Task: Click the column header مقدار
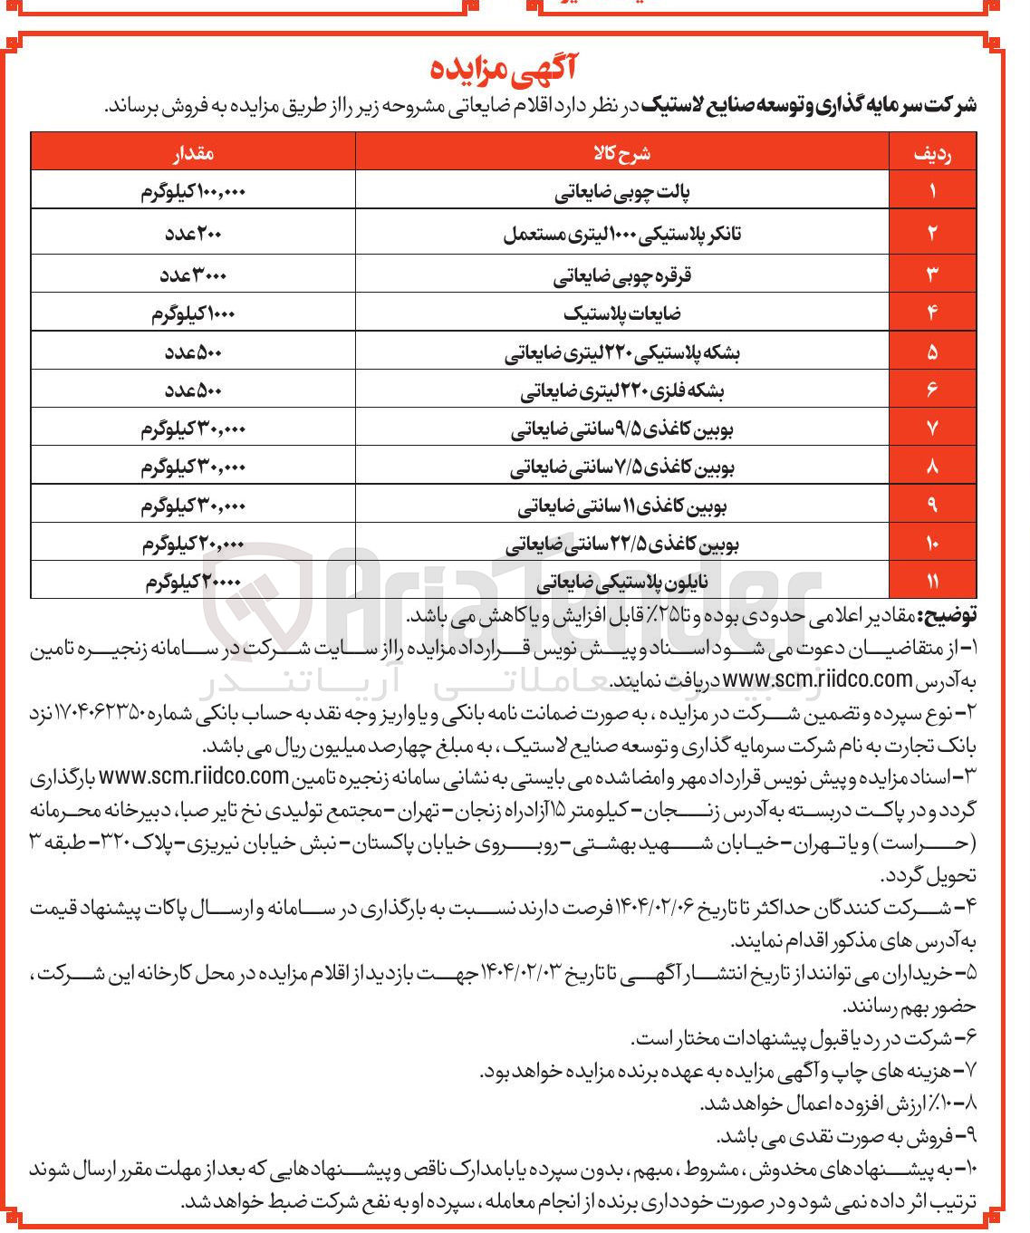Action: (x=193, y=152)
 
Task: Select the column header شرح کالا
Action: (x=621, y=152)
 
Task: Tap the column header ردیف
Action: (x=932, y=153)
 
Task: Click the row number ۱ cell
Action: (x=932, y=191)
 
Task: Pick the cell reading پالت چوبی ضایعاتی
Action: (x=621, y=193)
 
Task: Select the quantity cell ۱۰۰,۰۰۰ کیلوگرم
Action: (x=193, y=193)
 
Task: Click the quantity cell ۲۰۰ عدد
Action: (x=193, y=234)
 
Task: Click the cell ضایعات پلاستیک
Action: (x=621, y=313)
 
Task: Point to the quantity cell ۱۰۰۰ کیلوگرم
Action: (x=193, y=313)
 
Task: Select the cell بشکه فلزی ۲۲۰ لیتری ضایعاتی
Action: (x=621, y=390)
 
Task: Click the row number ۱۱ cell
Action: (x=932, y=582)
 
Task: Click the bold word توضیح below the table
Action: (x=948, y=616)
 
